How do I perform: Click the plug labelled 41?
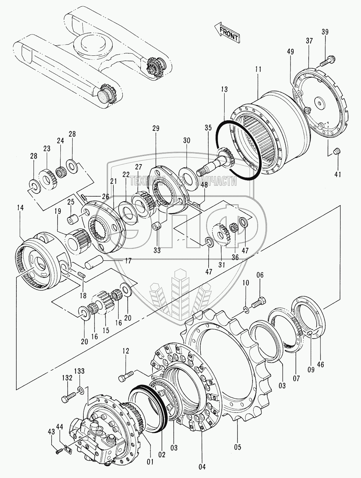pyautogui.click(x=337, y=151)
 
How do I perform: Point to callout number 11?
pyautogui.click(x=258, y=69)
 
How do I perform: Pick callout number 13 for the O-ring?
pyautogui.click(x=224, y=89)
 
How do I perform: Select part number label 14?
pyautogui.click(x=20, y=208)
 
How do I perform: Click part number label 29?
pyautogui.click(x=156, y=128)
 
